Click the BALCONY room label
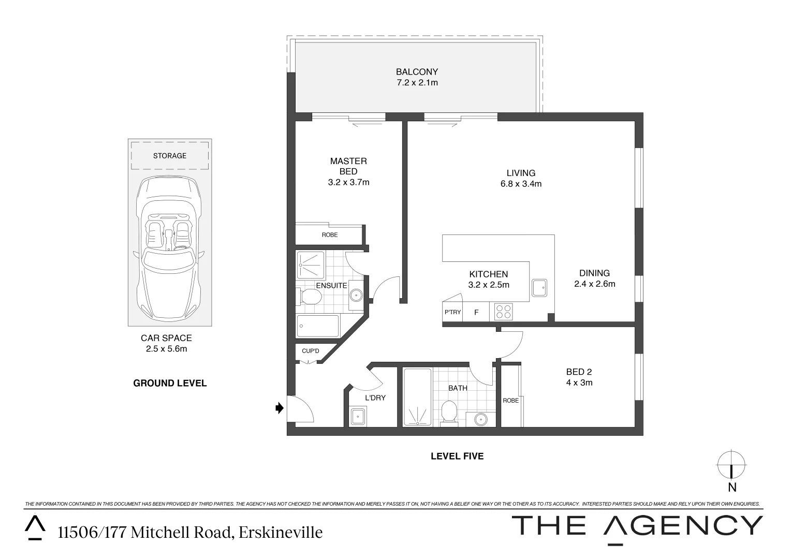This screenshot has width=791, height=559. (417, 72)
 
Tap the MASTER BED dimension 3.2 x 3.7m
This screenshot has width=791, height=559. (348, 182)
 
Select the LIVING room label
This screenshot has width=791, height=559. (521, 173)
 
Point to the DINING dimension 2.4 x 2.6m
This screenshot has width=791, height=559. (594, 284)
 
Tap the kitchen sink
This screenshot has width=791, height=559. (539, 287)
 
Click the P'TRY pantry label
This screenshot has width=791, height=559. (452, 312)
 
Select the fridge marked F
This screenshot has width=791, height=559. (476, 312)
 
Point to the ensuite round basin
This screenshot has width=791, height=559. (356, 296)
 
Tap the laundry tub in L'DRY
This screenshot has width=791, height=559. (358, 416)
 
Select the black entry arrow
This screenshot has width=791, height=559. (280, 408)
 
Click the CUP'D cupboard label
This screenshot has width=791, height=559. (311, 351)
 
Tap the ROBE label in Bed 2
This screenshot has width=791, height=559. (510, 401)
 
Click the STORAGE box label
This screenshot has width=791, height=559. (169, 156)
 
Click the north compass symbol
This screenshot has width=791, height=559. (731, 464)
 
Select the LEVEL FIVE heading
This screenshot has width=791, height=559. (457, 456)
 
